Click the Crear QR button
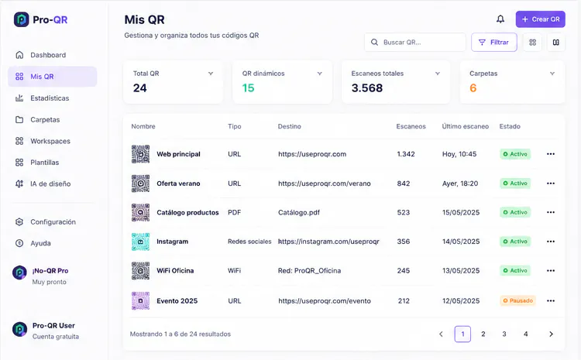click(540, 19)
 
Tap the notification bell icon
click(500, 19)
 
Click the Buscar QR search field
click(415, 43)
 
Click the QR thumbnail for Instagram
click(140, 242)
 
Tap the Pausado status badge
click(517, 300)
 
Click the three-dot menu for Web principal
click(551, 154)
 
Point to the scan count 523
click(404, 213)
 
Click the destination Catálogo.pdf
click(299, 213)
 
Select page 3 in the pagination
click(504, 334)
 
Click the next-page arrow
click(551, 334)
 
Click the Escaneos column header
click(411, 126)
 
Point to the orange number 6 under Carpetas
click(473, 88)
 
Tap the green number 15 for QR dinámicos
click(248, 88)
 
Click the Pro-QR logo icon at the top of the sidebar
click(21, 19)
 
